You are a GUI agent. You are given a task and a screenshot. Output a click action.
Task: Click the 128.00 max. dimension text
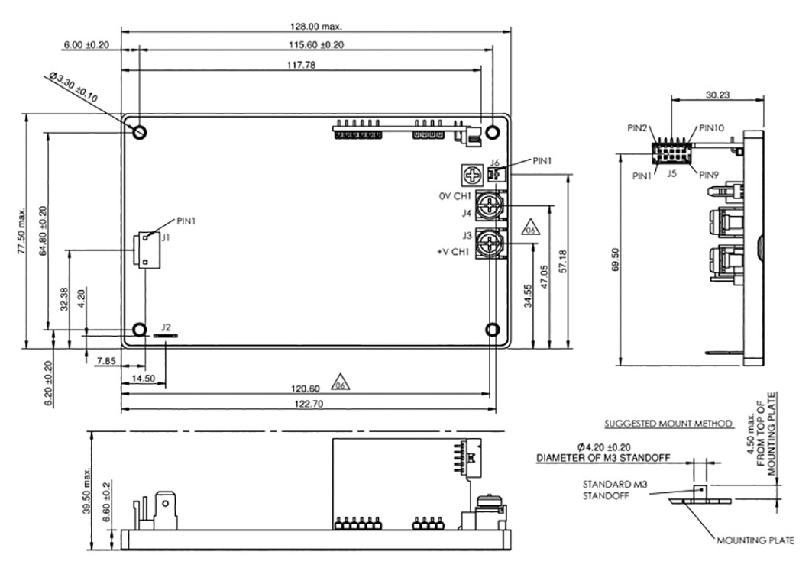coord(315,26)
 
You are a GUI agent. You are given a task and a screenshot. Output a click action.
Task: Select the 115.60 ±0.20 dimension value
coord(316,44)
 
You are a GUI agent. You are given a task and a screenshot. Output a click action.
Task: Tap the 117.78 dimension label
coord(301,65)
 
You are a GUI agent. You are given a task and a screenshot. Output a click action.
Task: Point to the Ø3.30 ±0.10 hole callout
coord(73,87)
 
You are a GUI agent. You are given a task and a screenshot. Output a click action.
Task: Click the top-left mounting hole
coord(140,132)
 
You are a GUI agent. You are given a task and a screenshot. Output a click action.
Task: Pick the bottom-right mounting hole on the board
coord(493,329)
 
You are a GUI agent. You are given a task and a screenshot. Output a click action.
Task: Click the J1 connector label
coord(165,238)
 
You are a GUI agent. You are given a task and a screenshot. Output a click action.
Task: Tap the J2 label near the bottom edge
coord(166,327)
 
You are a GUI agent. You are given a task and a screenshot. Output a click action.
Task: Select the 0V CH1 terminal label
coord(455,196)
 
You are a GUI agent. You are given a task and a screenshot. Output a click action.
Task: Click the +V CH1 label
coord(453,252)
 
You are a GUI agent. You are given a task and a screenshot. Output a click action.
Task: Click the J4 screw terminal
coord(489,205)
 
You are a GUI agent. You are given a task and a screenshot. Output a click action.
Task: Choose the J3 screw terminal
coord(489,243)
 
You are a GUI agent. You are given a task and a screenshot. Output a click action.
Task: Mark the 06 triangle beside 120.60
coord(340,383)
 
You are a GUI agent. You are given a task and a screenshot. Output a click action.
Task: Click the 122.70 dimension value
coord(309,404)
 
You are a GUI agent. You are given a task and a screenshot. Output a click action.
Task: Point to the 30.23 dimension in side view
coord(717,95)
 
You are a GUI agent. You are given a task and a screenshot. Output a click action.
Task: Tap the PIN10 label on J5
coord(711,127)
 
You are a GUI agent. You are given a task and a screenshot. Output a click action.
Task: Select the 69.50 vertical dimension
coord(615,260)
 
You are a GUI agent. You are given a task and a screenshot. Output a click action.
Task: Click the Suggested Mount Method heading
coord(668,424)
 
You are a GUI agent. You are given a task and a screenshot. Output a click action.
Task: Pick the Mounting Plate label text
coord(755,540)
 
